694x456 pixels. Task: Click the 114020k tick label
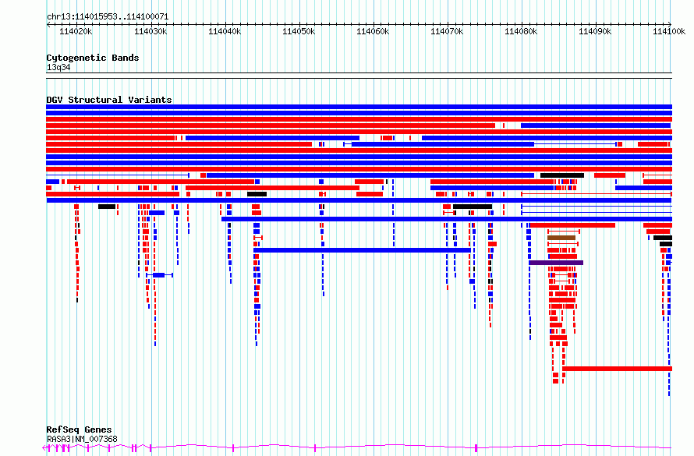tap(76, 31)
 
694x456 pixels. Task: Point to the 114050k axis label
tap(299, 31)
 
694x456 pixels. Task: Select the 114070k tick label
tap(447, 31)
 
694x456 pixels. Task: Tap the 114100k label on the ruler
tap(669, 31)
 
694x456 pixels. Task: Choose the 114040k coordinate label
tap(225, 31)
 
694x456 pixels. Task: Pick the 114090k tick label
tap(595, 31)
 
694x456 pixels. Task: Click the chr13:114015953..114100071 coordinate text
tap(108, 17)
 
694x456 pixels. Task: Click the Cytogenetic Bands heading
tap(93, 58)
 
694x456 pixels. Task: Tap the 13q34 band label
tap(58, 67)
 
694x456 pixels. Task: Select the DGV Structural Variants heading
tap(109, 100)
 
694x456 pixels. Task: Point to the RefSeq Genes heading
tap(79, 429)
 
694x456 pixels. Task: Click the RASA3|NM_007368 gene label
tap(82, 439)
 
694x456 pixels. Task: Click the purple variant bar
tap(556, 263)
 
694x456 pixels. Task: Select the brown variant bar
tap(561, 238)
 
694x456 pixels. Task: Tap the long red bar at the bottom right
tap(617, 369)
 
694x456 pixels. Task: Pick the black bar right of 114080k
tap(562, 175)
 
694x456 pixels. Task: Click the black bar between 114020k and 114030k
tap(107, 207)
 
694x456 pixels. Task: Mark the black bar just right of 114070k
tap(473, 207)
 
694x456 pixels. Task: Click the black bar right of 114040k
tap(257, 194)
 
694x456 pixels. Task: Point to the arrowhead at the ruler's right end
tap(670, 24)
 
